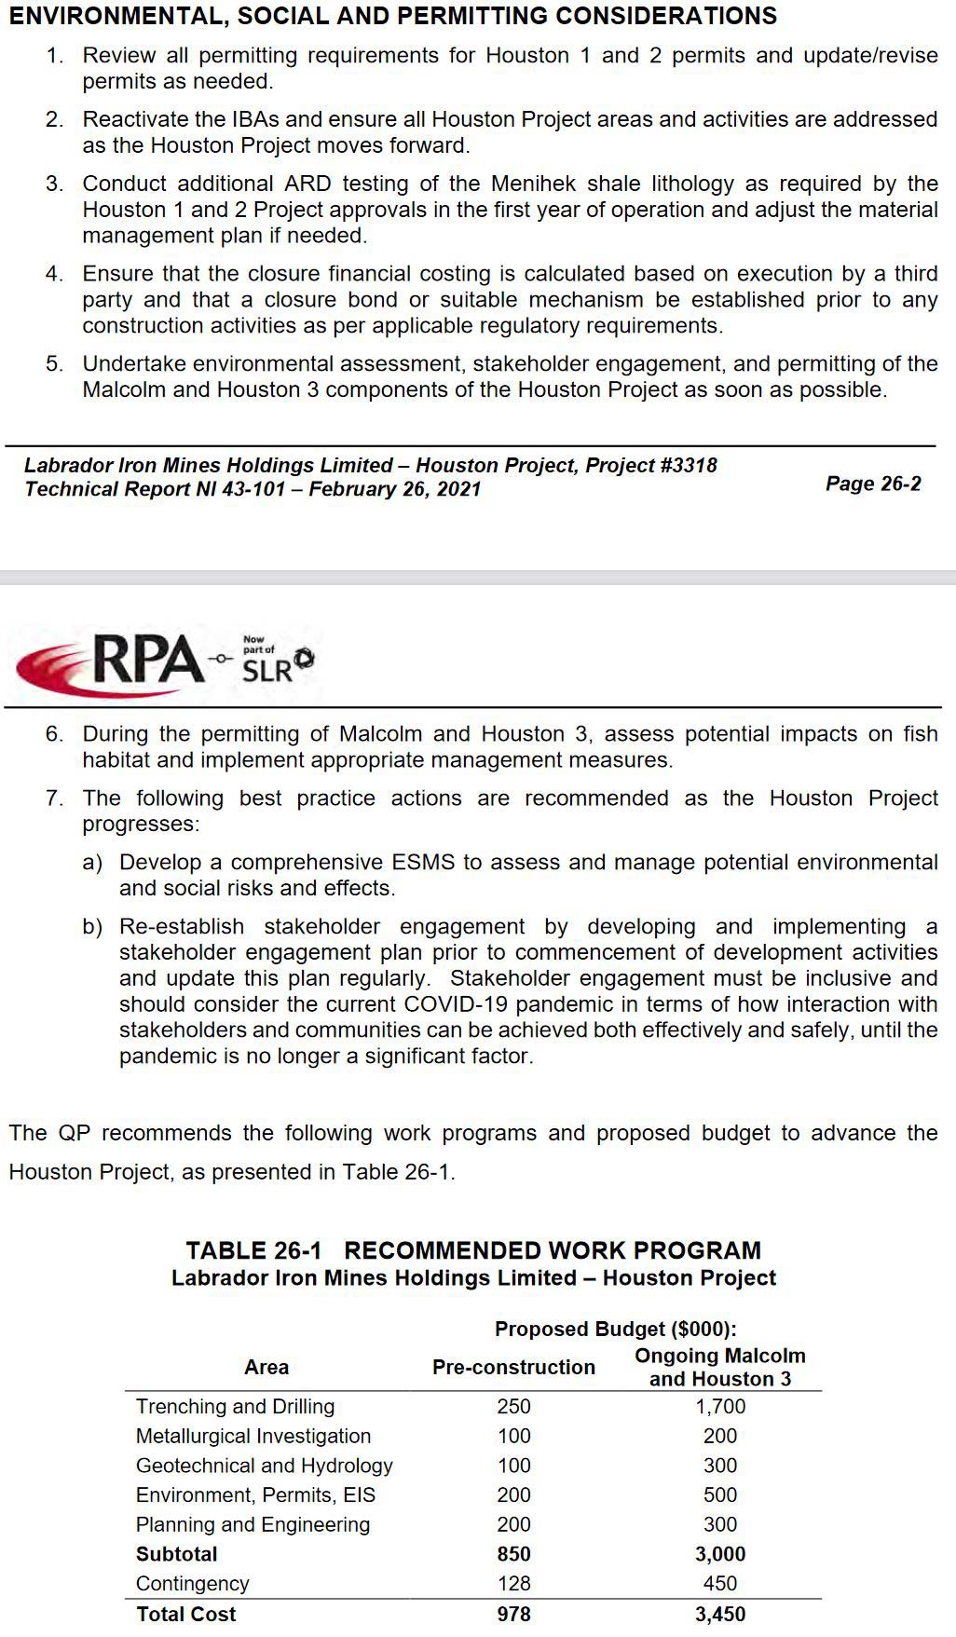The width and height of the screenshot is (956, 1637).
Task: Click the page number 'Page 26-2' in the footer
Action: click(873, 483)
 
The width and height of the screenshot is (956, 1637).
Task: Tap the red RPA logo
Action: click(112, 660)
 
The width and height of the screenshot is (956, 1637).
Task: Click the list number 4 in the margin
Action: click(54, 274)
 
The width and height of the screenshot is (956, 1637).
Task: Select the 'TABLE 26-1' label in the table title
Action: click(253, 1250)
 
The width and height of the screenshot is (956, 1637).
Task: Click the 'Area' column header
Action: click(266, 1367)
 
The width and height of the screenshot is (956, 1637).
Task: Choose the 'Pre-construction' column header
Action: click(513, 1367)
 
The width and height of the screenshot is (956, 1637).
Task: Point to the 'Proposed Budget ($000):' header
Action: click(616, 1329)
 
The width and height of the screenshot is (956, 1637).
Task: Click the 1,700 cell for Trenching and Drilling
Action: click(720, 1406)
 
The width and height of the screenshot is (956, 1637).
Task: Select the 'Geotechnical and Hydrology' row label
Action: click(265, 1466)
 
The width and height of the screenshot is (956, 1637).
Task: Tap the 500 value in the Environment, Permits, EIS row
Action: click(720, 1494)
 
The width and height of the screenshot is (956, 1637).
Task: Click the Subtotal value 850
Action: click(513, 1554)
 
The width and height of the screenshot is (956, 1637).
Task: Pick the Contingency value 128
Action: click(513, 1583)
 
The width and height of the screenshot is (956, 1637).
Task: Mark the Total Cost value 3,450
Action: click(720, 1614)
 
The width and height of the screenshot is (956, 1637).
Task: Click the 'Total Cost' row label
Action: click(186, 1614)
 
